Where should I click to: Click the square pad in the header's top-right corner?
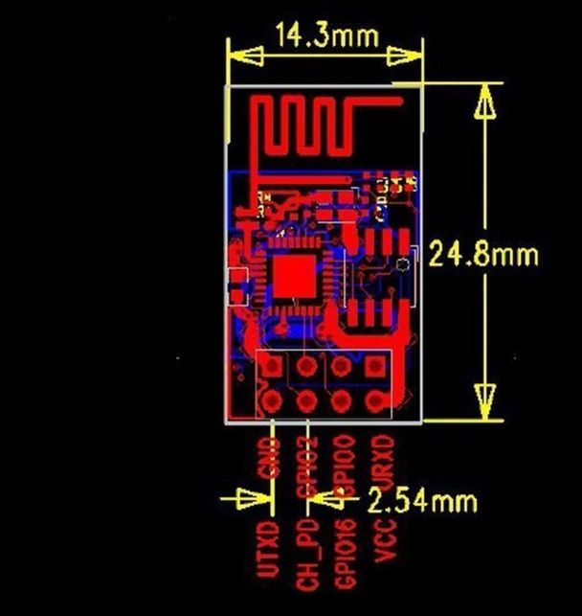(x=376, y=367)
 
